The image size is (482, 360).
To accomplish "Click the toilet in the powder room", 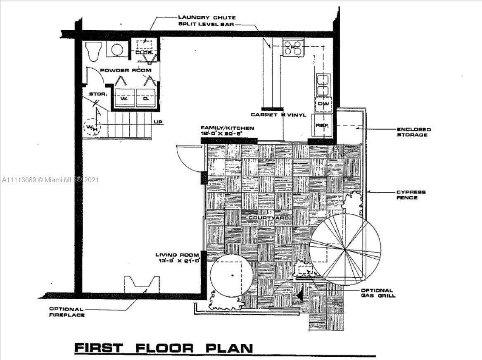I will click(93, 51).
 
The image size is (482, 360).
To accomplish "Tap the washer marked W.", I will click(124, 98).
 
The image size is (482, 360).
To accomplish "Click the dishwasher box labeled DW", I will click(324, 104).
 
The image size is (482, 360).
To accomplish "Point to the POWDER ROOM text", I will click(126, 70).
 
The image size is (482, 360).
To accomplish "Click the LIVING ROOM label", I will click(177, 255).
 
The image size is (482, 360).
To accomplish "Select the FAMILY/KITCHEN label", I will click(227, 128).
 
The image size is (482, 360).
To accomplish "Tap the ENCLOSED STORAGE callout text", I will click(413, 132).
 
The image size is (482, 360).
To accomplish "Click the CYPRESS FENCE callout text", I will click(411, 195).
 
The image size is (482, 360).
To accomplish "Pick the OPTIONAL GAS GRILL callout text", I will click(377, 293).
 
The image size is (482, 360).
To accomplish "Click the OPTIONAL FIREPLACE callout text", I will click(67, 312).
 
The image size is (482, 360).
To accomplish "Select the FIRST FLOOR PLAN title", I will click(164, 348).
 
